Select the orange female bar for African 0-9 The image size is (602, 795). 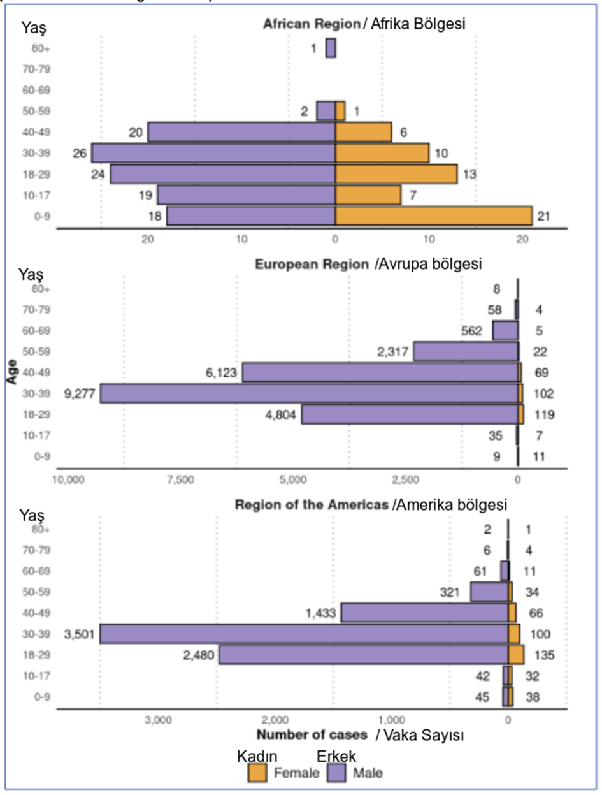pyautogui.click(x=433, y=215)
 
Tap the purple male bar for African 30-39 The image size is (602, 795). pyautogui.click(x=213, y=153)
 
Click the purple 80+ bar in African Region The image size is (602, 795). pyautogui.click(x=331, y=48)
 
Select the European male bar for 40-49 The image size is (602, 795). pyautogui.click(x=380, y=372)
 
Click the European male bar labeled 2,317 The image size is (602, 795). pyautogui.click(x=466, y=351)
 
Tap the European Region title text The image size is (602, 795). pyautogui.click(x=312, y=264)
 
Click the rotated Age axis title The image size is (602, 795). pyautogui.click(x=11, y=372)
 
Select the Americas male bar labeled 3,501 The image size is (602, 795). pyautogui.click(x=304, y=634)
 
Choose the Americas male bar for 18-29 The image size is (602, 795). pyautogui.click(x=363, y=655)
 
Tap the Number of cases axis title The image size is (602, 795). pyautogui.click(x=312, y=734)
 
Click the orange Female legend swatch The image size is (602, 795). pyautogui.click(x=259, y=773)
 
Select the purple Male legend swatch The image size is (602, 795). pyautogui.click(x=336, y=773)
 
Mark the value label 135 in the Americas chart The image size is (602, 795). pyautogui.click(x=540, y=655)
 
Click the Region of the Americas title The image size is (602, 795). pyautogui.click(x=312, y=505)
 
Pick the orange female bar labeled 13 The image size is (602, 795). pyautogui.click(x=396, y=174)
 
